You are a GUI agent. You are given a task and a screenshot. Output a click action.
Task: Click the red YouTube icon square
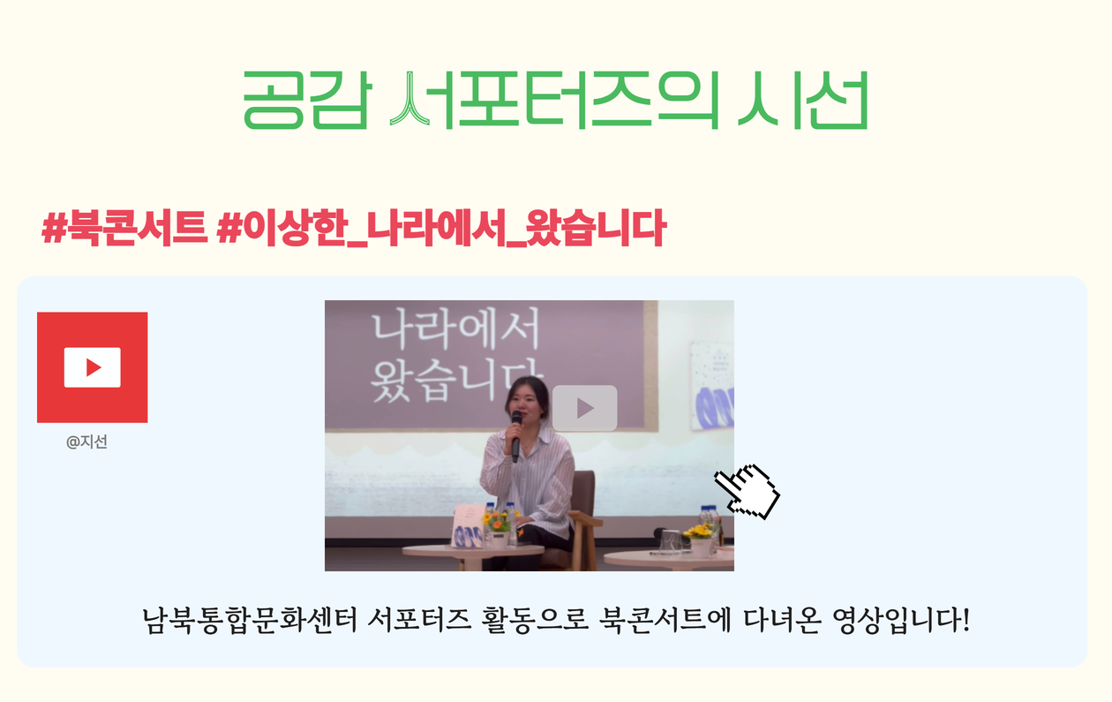coord(93,367)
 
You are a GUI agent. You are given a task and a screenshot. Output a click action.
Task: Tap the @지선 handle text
coord(86,442)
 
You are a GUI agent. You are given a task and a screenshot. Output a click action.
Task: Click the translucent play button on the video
coord(585,408)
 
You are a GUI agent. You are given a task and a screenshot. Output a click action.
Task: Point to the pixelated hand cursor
coord(747,492)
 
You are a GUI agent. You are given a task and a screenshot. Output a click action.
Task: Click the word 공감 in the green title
coord(307,101)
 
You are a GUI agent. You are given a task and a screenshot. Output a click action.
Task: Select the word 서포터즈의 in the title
coord(554,101)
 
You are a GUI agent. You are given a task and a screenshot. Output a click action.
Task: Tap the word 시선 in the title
coord(803,101)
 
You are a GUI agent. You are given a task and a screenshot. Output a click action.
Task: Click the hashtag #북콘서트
coord(124,228)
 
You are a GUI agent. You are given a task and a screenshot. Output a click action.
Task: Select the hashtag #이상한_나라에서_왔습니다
coord(441,228)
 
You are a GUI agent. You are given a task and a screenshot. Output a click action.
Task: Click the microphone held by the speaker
coord(516,435)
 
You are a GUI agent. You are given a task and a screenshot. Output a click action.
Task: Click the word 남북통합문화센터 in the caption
coord(250,621)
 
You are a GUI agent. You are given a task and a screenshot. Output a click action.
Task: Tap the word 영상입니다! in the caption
coord(901,621)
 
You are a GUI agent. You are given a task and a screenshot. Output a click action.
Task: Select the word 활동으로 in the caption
coord(535,621)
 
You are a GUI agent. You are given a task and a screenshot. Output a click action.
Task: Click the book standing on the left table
coord(469,525)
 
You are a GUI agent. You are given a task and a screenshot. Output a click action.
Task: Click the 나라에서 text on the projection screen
coord(455,329)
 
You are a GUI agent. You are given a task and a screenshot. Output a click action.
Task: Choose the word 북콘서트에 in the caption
coord(665,621)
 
